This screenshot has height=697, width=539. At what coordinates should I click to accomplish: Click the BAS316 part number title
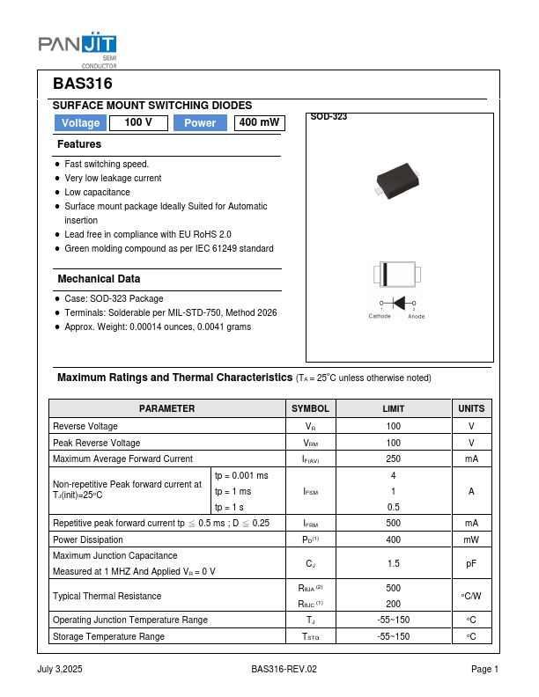coord(83,84)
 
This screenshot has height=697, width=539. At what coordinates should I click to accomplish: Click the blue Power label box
coord(200,123)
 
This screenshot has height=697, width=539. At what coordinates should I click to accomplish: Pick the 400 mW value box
coord(260,123)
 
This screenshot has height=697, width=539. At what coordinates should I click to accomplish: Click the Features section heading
coord(79,144)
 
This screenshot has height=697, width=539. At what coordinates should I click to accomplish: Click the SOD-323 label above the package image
coord(329,117)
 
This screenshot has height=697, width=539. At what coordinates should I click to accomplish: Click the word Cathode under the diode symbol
coord(380,316)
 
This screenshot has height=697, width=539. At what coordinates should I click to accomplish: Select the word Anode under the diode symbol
coord(417,317)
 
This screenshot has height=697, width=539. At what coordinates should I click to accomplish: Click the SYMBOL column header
coord(311,408)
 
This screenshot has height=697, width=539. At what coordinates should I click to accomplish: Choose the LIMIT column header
coord(394,408)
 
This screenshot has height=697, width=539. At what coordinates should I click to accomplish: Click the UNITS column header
coord(471,408)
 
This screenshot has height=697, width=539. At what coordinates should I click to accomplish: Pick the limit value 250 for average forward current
coord(394,459)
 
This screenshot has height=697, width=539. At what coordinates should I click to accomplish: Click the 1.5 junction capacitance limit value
coord(394,562)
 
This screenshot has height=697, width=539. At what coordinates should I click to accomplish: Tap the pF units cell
coord(471,562)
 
